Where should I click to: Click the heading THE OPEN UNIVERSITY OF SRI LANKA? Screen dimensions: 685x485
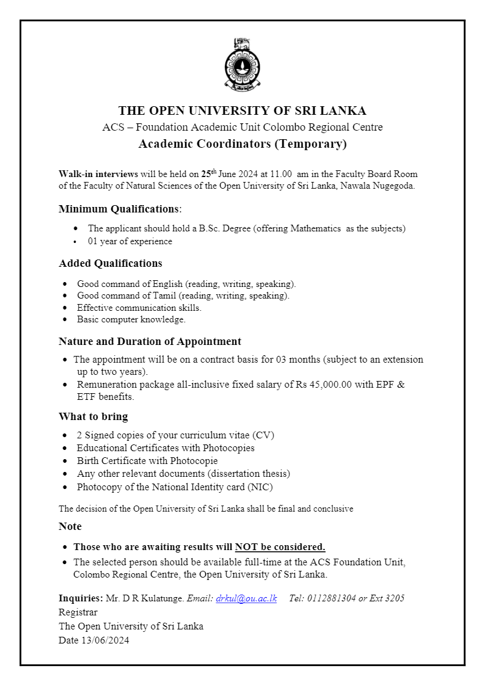click(x=242, y=111)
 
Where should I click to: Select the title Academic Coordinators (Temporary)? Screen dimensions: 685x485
click(x=242, y=144)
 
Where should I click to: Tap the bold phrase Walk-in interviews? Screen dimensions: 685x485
click(x=98, y=174)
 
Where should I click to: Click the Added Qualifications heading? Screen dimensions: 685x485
click(x=111, y=263)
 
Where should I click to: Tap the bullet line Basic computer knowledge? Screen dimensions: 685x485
click(x=131, y=319)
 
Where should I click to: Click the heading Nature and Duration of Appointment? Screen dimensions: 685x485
click(x=150, y=341)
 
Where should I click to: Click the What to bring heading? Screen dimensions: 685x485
click(x=93, y=416)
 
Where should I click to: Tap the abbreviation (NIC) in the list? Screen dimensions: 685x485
click(x=260, y=487)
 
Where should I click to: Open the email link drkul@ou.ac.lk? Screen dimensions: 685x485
click(x=246, y=598)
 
